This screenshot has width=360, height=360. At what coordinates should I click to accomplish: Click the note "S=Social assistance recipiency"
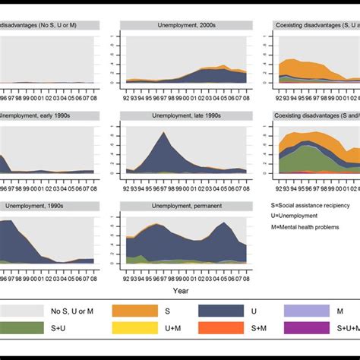click(311, 206)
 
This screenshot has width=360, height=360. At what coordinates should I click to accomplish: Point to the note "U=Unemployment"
click(294, 218)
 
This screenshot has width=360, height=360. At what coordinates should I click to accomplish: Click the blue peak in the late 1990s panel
click(163, 134)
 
